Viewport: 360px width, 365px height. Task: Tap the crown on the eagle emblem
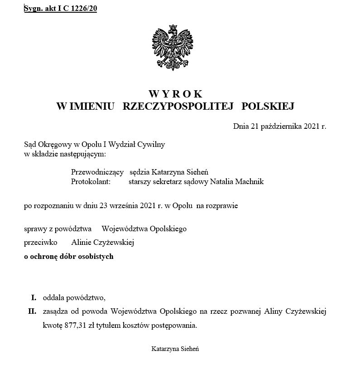pyautogui.click(x=174, y=29)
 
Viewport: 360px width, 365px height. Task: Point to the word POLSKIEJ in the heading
pyautogui.click(x=269, y=107)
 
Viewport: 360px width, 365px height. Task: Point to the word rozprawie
pyautogui.click(x=223, y=206)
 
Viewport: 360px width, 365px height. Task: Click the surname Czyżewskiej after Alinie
pyautogui.click(x=115, y=243)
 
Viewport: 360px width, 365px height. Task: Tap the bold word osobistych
pyautogui.click(x=96, y=257)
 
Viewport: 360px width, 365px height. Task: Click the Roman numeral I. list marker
pyautogui.click(x=33, y=298)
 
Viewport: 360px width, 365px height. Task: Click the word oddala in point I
pyautogui.click(x=53, y=298)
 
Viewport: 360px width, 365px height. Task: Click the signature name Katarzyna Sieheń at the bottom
pyautogui.click(x=176, y=349)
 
